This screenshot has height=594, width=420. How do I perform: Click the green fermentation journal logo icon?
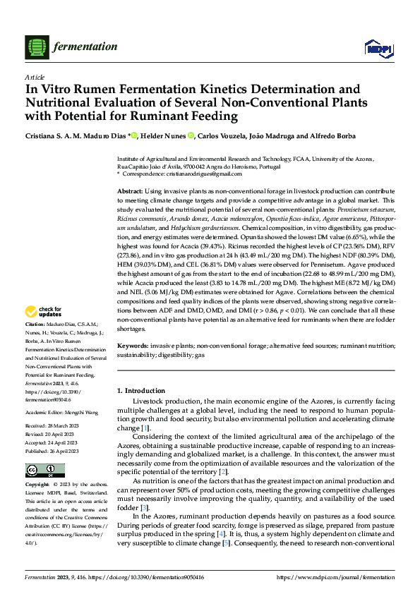coord(37,47)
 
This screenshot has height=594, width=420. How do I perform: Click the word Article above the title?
coord(35,77)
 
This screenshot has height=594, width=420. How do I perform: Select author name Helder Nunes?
coord(166,136)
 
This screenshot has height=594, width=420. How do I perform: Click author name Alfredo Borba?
coord(311,136)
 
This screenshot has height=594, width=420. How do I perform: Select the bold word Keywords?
coord(133,346)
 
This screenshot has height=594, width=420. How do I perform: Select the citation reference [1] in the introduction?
coord(145,428)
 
